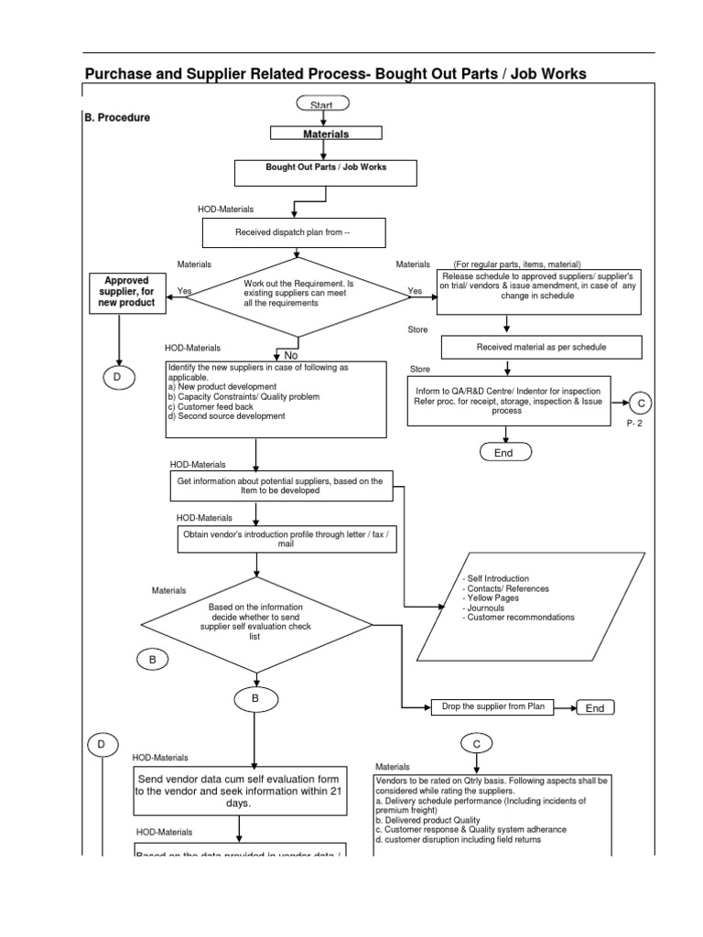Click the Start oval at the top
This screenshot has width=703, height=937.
[321, 104]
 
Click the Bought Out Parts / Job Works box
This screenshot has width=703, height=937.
[326, 173]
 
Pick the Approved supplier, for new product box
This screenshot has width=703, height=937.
[126, 291]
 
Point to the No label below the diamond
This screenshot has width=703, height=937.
[291, 355]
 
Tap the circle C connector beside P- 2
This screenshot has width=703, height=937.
[641, 404]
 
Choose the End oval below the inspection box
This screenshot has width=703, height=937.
[504, 452]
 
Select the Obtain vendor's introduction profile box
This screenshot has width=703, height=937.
[287, 538]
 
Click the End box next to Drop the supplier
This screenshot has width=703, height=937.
[595, 707]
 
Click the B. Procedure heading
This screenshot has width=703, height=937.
[117, 117]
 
